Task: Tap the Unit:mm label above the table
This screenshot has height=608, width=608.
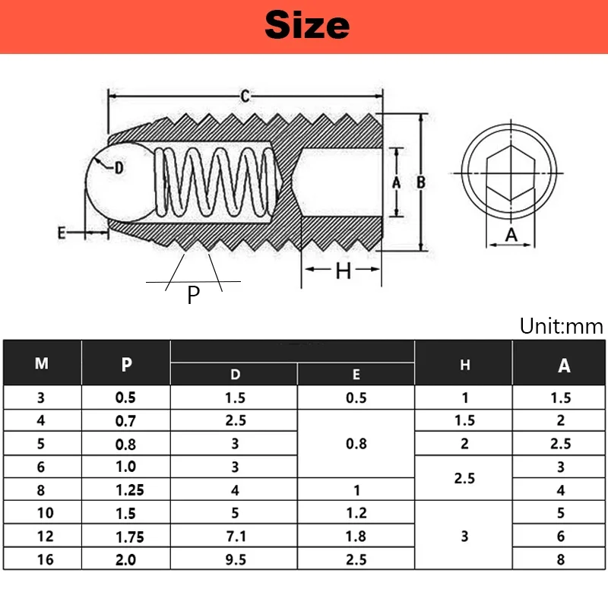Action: [x=561, y=327]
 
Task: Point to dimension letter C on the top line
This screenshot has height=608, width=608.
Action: [x=245, y=96]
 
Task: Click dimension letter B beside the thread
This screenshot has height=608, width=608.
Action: [x=420, y=182]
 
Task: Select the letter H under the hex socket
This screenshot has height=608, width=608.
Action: [x=344, y=271]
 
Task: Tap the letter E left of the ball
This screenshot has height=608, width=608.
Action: [x=63, y=233]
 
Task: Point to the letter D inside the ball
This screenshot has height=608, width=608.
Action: [x=119, y=168]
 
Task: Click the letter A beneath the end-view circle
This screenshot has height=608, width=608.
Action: [x=511, y=235]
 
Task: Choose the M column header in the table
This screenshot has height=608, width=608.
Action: [x=42, y=363]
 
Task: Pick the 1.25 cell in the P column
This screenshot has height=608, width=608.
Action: [x=126, y=490]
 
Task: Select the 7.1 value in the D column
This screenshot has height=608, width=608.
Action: [x=235, y=536]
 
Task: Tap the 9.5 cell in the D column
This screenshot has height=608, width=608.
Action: [x=235, y=559]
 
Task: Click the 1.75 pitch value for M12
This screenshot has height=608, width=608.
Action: [x=126, y=536]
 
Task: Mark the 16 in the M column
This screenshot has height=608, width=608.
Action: [x=42, y=559]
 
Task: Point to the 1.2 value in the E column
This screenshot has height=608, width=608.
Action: [x=356, y=513]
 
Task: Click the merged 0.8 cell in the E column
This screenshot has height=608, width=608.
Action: [x=356, y=443]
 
